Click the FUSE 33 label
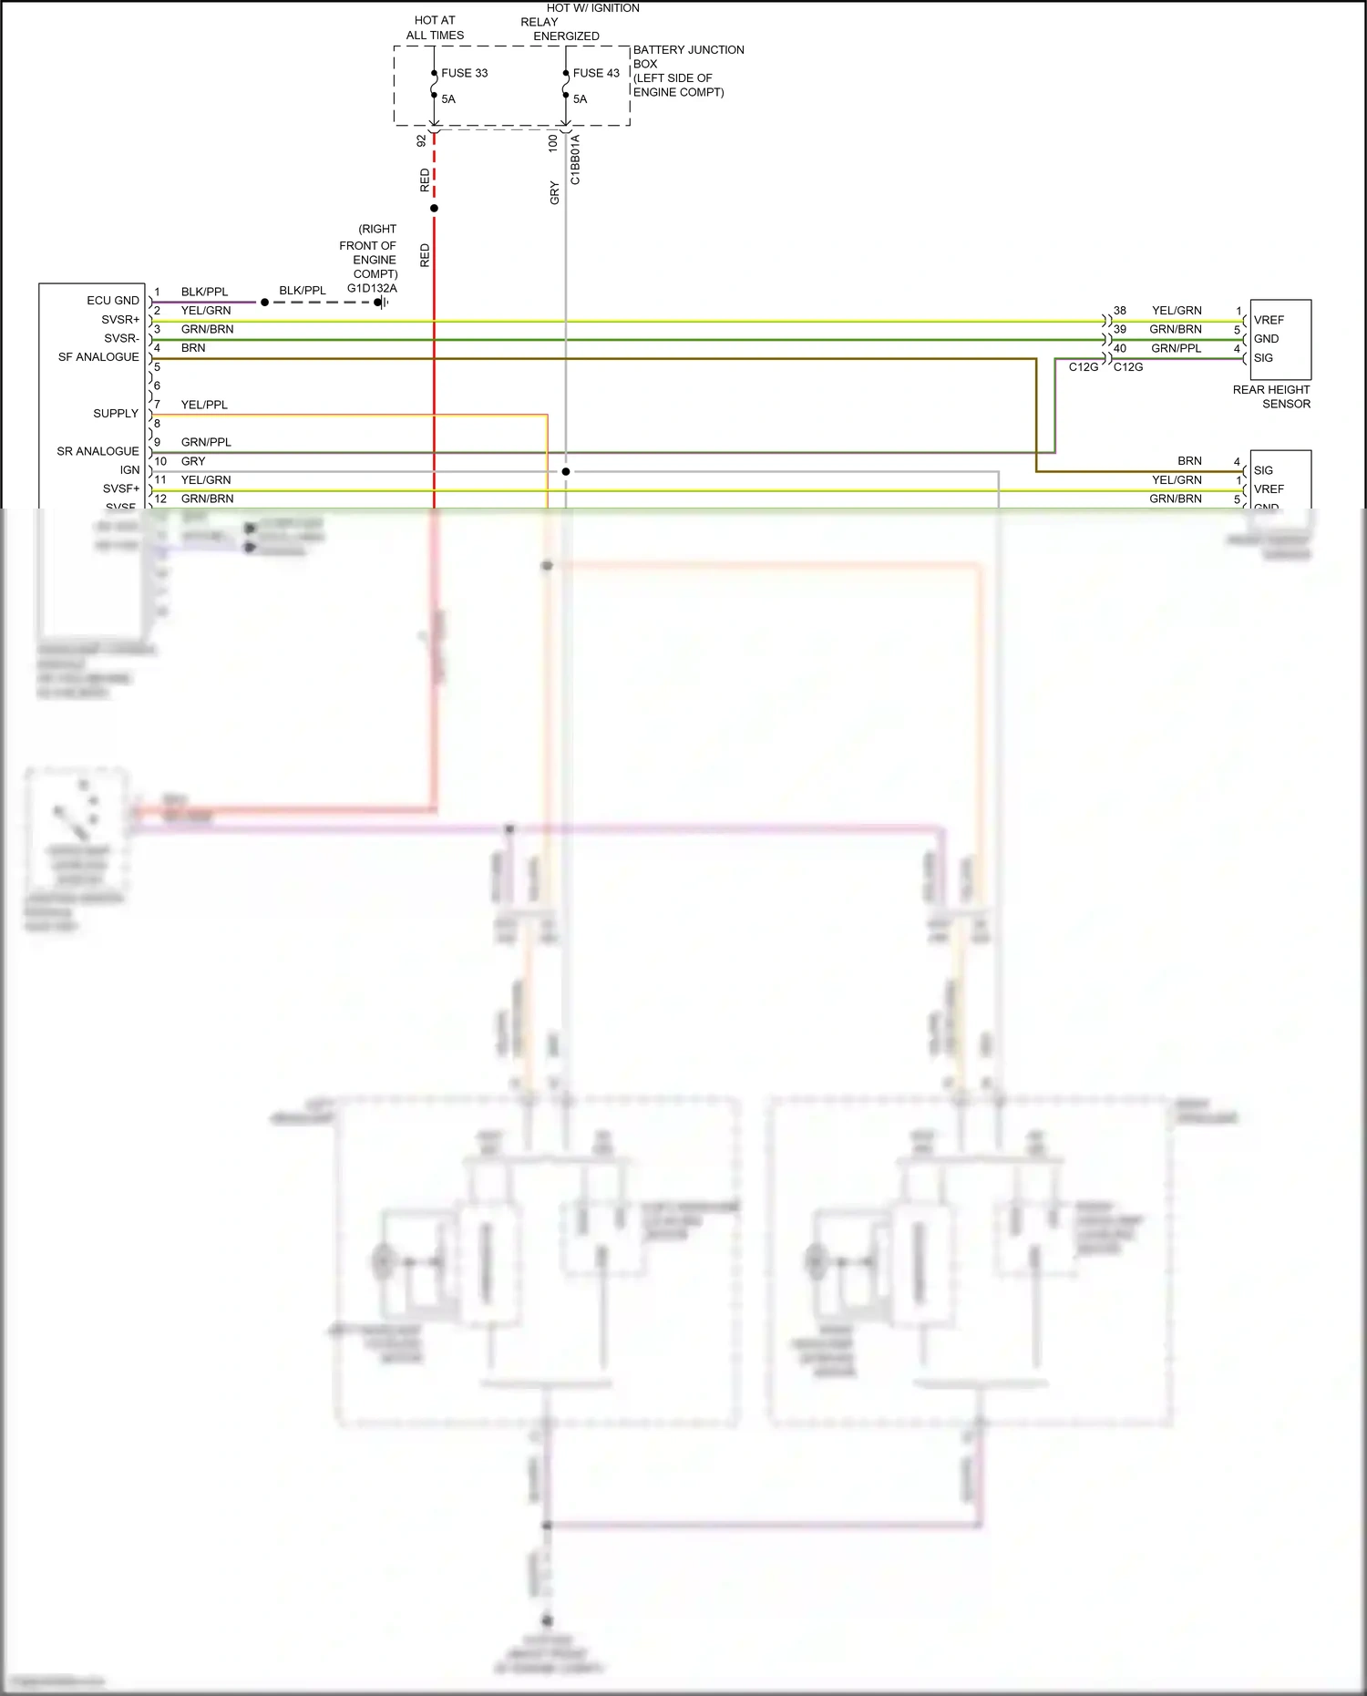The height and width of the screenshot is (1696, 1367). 464,73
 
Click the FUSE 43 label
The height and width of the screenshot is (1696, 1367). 595,73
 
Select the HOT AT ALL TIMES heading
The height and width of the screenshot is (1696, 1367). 435,27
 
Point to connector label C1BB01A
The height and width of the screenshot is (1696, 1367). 575,160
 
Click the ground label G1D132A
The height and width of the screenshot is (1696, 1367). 372,288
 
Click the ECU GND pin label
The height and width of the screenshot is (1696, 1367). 113,301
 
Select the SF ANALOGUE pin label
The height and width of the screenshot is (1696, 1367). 98,357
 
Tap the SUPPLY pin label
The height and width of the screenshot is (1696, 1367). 116,414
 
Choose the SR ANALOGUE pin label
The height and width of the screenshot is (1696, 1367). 98,451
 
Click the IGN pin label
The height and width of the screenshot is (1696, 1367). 130,470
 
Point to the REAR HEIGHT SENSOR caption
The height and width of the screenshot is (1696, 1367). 1271,396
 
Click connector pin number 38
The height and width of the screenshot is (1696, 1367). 1120,311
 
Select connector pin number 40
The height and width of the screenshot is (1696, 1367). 1120,348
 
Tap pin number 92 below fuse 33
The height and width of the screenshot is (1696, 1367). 421,141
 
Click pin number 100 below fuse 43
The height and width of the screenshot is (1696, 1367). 552,143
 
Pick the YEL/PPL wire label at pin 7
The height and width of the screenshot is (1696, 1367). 204,405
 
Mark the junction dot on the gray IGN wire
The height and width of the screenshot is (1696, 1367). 566,471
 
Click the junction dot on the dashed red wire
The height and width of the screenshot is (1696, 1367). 434,209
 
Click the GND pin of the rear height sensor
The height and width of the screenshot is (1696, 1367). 1266,339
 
